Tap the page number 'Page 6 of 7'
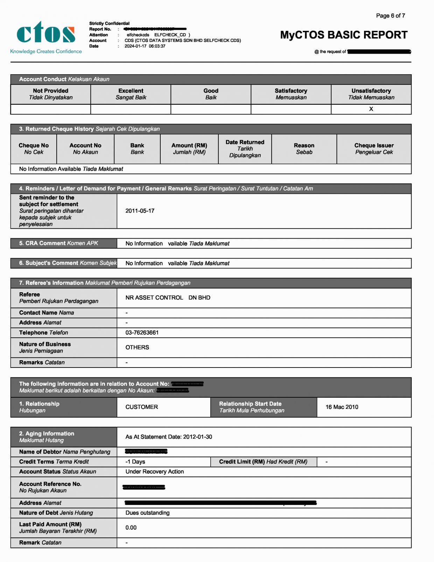(x=390, y=16)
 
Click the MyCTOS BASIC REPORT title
(x=344, y=35)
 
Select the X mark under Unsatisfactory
(x=371, y=109)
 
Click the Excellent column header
(x=131, y=94)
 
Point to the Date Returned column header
(x=245, y=149)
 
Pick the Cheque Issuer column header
(x=374, y=149)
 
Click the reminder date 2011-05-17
(x=140, y=211)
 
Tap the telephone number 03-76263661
(x=142, y=333)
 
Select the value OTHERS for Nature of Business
(x=137, y=347)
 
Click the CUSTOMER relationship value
(x=142, y=407)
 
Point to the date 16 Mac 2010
(x=342, y=407)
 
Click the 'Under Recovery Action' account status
(x=154, y=472)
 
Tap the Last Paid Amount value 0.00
(x=131, y=528)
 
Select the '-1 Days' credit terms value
(x=135, y=462)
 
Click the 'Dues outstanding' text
(x=147, y=513)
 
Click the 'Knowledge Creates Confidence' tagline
(x=46, y=52)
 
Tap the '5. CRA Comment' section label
(x=58, y=243)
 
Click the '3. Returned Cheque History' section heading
(x=89, y=129)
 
